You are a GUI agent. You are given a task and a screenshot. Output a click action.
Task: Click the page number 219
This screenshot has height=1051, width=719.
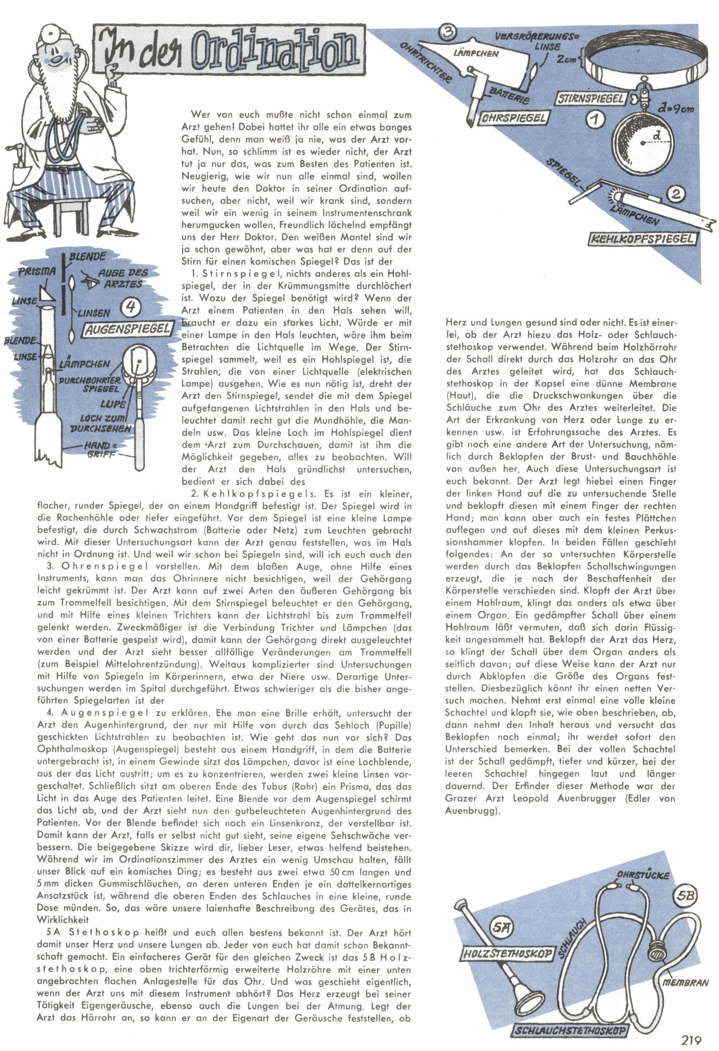pos(691,1039)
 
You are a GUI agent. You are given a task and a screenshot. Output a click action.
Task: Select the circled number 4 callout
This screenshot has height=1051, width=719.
pos(131,307)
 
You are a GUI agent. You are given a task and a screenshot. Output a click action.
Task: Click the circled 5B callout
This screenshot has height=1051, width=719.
pos(685,895)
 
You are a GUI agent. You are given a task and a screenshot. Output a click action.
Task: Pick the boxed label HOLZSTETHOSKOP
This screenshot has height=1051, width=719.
pos(507,954)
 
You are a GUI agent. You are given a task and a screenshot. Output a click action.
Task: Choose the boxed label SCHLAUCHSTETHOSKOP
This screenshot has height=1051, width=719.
pos(570,1031)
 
